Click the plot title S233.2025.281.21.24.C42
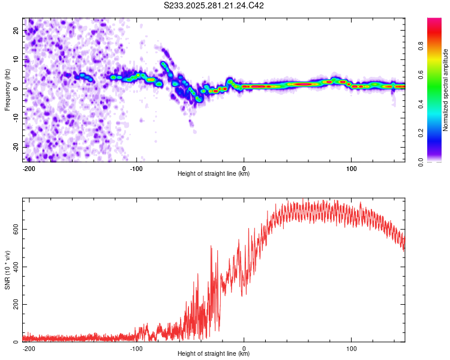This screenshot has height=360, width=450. pos(214,6)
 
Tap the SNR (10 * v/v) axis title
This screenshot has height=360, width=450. pos(7,270)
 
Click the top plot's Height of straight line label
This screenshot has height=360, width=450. pos(214,174)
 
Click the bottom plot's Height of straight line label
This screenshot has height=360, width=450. pos(214,354)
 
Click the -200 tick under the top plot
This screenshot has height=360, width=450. pos(28,168)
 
